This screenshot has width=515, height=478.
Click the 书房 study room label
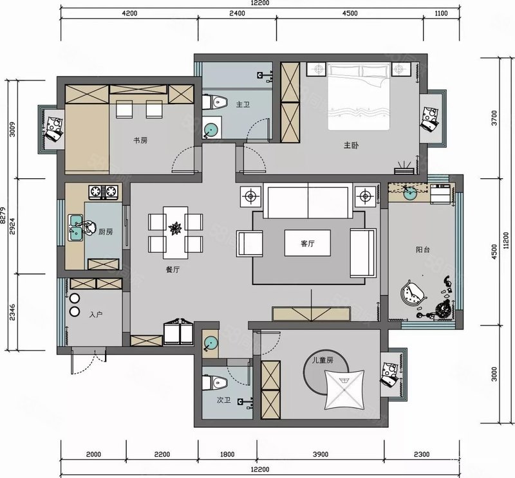click(140, 140)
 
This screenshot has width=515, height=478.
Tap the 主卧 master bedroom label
click(351, 145)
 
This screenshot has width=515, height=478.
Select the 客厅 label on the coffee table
click(308, 244)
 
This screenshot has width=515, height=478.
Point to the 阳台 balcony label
click(423, 250)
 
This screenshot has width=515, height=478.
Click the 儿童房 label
click(323, 360)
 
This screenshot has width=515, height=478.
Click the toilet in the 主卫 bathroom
click(215, 102)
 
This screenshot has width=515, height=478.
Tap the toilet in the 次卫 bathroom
click(215, 383)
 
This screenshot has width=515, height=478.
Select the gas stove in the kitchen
click(103, 192)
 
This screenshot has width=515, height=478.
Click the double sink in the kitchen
click(75, 227)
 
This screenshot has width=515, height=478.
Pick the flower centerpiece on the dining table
click(175, 228)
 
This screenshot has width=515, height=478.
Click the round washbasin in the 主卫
click(211, 130)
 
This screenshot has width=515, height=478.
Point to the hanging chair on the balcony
click(413, 293)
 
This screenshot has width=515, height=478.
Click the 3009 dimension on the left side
click(12, 129)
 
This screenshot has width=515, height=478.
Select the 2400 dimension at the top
click(237, 14)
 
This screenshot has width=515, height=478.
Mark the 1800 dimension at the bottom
click(227, 454)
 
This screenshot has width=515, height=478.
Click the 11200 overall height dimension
click(506, 241)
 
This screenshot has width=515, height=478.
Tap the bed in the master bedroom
click(359, 96)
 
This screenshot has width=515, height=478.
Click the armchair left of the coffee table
click(250, 244)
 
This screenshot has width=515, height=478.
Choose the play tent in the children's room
click(344, 390)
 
